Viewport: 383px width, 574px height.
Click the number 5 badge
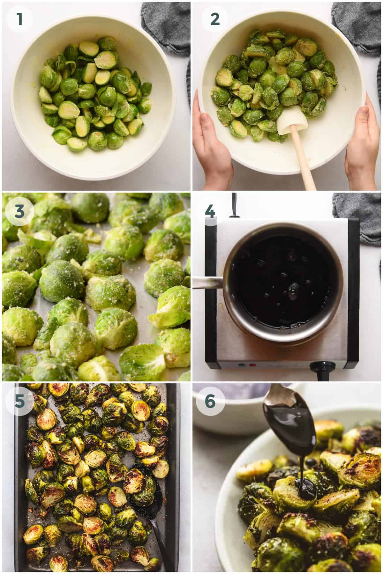(x=19, y=401)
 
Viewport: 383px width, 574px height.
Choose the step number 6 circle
(x=210, y=401)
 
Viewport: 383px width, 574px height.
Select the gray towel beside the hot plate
(x=357, y=217)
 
